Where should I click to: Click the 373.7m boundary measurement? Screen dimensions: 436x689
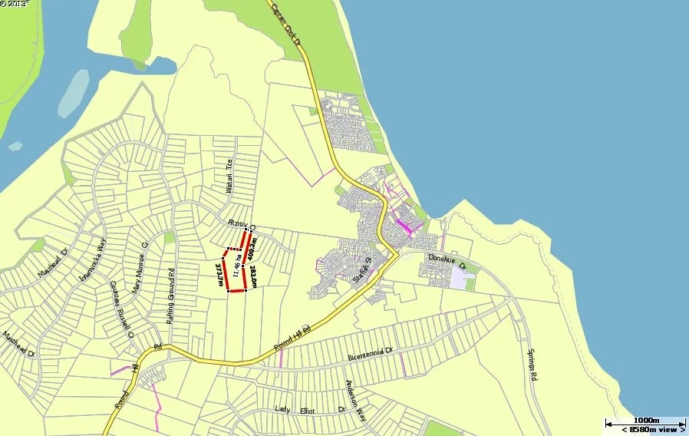(x=220, y=275)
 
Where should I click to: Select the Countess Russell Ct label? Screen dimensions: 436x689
(x=122, y=309)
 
